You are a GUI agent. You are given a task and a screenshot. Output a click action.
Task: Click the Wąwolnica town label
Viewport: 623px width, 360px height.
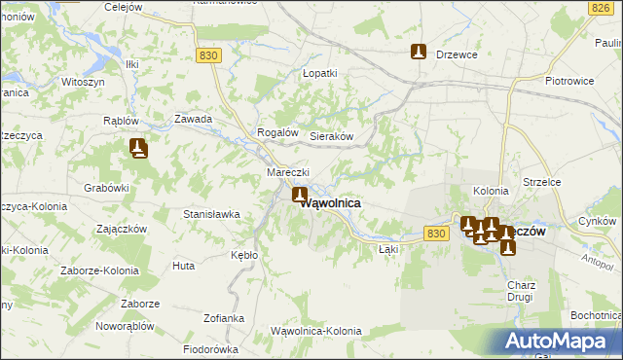(x=333, y=203)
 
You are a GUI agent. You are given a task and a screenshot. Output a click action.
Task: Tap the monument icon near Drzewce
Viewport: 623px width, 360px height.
(x=419, y=52)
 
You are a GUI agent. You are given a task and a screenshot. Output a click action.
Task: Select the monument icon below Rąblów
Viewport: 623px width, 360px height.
(x=138, y=148)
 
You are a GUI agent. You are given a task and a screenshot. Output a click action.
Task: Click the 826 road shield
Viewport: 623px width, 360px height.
(x=599, y=9)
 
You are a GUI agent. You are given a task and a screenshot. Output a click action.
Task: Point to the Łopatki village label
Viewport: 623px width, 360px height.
(x=319, y=73)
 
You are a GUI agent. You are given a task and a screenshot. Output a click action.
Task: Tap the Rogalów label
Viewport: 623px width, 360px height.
(x=275, y=132)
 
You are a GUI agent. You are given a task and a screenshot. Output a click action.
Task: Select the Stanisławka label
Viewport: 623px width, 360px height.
(x=211, y=213)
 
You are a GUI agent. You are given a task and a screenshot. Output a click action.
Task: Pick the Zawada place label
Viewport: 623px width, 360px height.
(x=193, y=119)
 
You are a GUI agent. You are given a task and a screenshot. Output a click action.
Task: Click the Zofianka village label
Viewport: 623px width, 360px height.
(x=223, y=318)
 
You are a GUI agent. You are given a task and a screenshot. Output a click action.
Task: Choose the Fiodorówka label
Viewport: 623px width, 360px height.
(x=211, y=348)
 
